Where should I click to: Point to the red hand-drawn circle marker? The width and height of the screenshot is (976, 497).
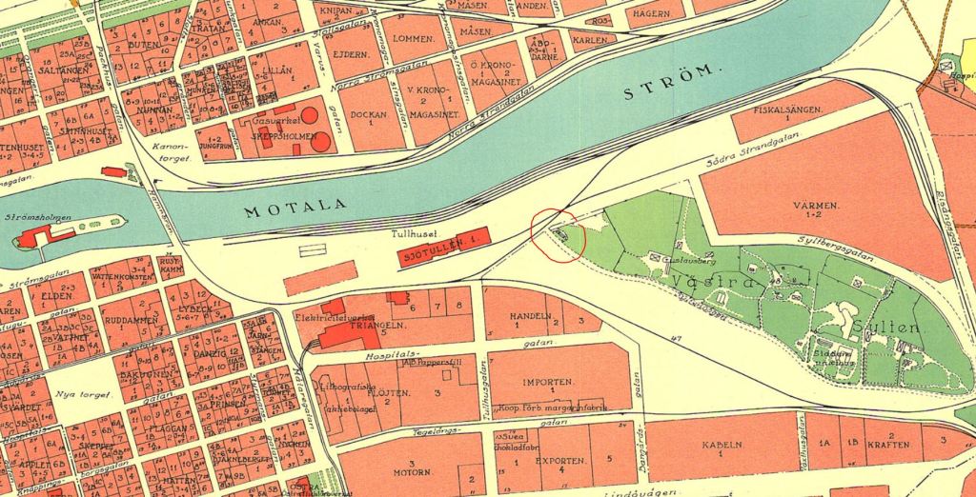tap(559, 231)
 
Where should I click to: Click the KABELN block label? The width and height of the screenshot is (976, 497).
tap(722, 445)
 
